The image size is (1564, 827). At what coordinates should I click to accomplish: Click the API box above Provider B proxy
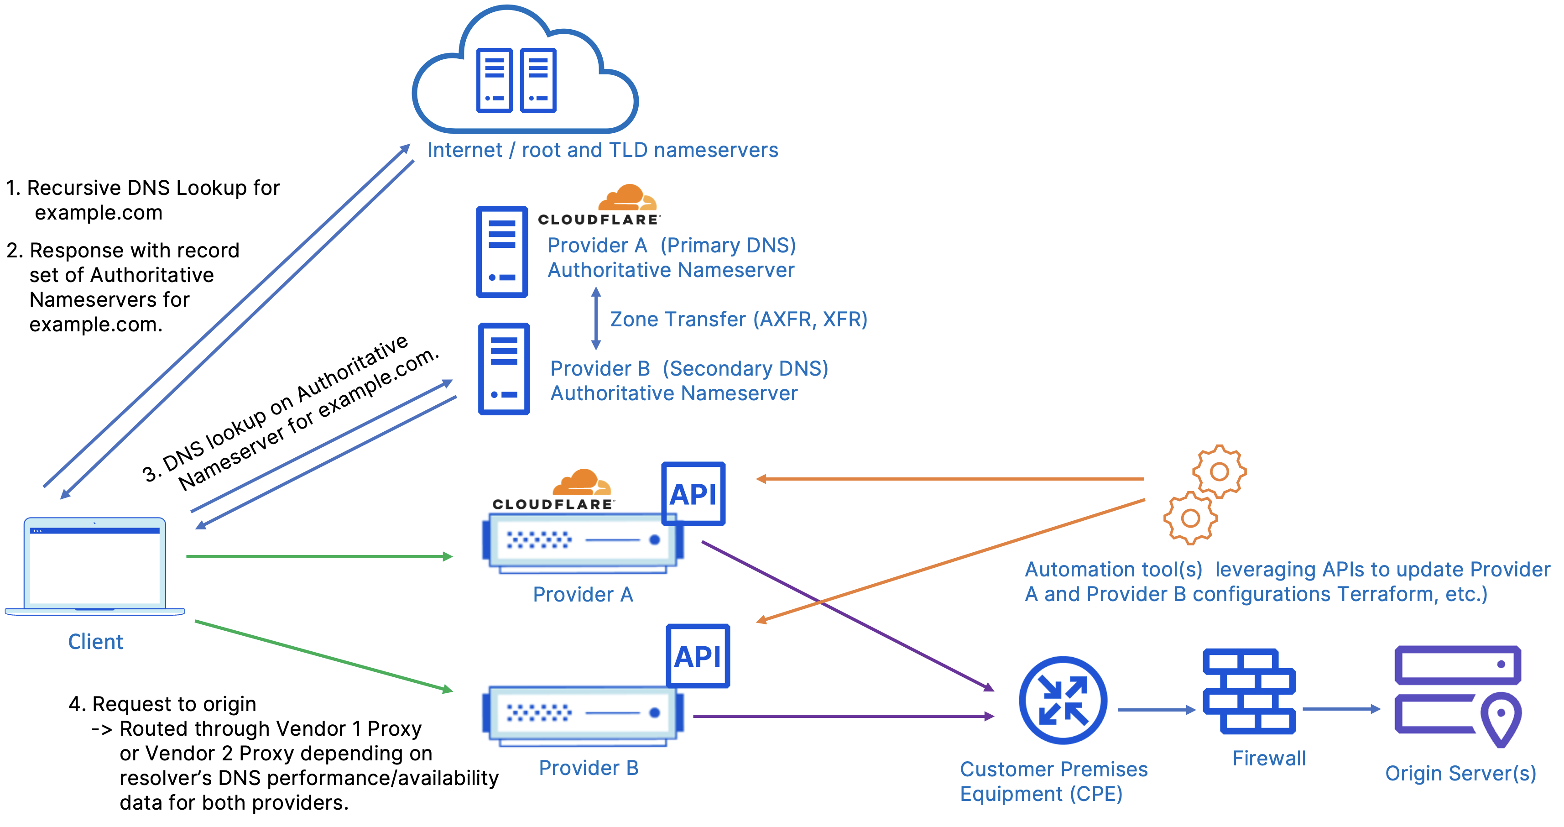[698, 656]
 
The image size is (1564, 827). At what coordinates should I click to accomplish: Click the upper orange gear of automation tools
[1219, 471]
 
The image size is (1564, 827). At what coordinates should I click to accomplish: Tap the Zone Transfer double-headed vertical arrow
[595, 318]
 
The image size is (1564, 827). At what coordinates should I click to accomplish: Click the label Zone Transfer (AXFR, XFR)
[738, 319]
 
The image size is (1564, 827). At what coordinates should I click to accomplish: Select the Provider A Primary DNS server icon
[501, 251]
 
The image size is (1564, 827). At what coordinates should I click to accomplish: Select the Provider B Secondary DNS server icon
[504, 369]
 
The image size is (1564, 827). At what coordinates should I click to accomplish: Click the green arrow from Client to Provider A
[319, 556]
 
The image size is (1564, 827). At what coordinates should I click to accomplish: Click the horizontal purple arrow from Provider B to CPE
[844, 717]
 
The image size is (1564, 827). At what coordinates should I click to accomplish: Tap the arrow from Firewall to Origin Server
[1340, 709]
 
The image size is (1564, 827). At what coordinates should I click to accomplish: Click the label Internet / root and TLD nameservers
[602, 150]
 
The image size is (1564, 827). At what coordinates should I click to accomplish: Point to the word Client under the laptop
[95, 642]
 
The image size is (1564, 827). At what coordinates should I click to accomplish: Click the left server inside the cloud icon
[494, 80]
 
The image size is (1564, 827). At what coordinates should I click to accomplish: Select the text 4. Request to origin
[162, 704]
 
